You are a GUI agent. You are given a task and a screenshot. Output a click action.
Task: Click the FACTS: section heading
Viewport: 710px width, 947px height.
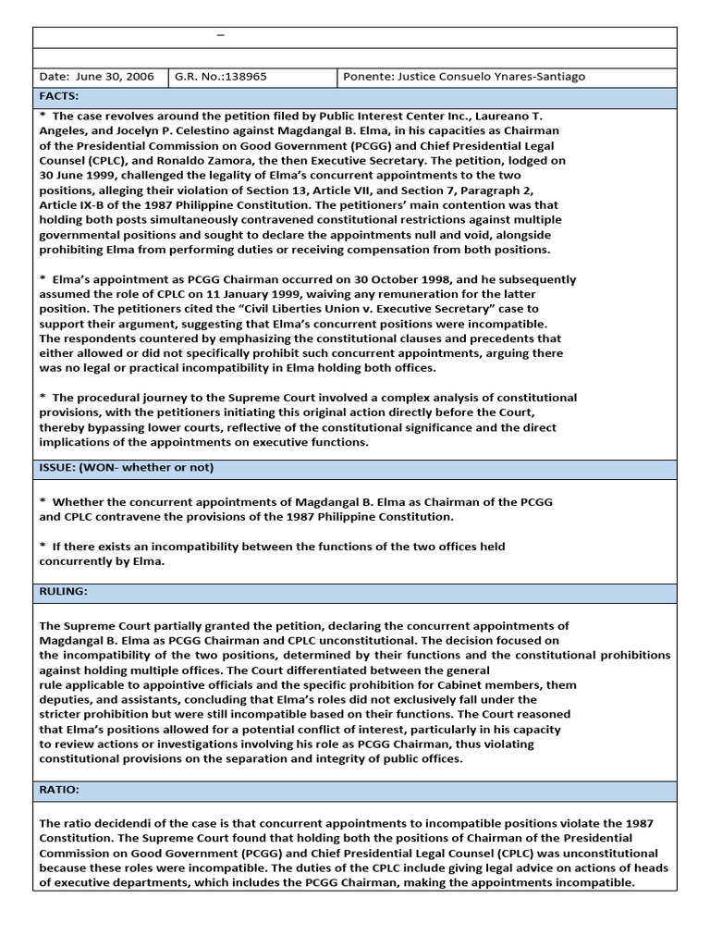click(58, 96)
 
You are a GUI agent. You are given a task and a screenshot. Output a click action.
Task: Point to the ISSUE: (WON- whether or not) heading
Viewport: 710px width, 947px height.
click(126, 467)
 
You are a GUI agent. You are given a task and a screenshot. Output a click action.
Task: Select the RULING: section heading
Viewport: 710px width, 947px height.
click(63, 590)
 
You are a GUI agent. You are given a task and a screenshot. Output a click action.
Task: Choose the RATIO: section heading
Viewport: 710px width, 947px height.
click(59, 790)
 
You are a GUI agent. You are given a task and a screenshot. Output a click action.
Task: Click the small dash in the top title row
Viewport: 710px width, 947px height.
click(220, 35)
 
